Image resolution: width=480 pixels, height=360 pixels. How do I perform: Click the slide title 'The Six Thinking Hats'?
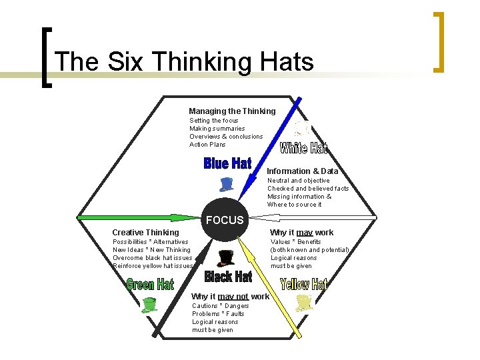(185, 61)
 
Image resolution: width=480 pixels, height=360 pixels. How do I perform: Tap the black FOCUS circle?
(225, 221)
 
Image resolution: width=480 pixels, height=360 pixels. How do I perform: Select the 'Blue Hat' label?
(227, 163)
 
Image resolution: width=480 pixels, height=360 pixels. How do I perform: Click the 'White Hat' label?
(303, 147)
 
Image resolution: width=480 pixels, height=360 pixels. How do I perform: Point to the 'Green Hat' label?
(150, 285)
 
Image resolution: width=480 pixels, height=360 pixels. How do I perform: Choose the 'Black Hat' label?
(228, 276)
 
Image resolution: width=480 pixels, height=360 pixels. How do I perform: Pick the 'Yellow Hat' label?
(304, 285)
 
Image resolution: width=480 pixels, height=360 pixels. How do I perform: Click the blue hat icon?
(227, 184)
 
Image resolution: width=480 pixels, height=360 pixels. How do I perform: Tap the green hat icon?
(149, 305)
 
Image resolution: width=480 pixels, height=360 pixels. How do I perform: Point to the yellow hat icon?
(304, 303)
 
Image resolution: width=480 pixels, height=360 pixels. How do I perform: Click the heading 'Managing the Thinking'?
(231, 111)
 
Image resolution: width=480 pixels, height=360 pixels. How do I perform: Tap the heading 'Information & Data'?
(302, 171)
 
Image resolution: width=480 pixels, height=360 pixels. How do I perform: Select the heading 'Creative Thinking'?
(145, 233)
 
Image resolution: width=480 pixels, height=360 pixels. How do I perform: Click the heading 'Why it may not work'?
(230, 297)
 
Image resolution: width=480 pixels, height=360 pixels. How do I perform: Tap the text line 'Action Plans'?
(207, 145)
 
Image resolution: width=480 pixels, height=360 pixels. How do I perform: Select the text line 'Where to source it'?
(294, 205)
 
